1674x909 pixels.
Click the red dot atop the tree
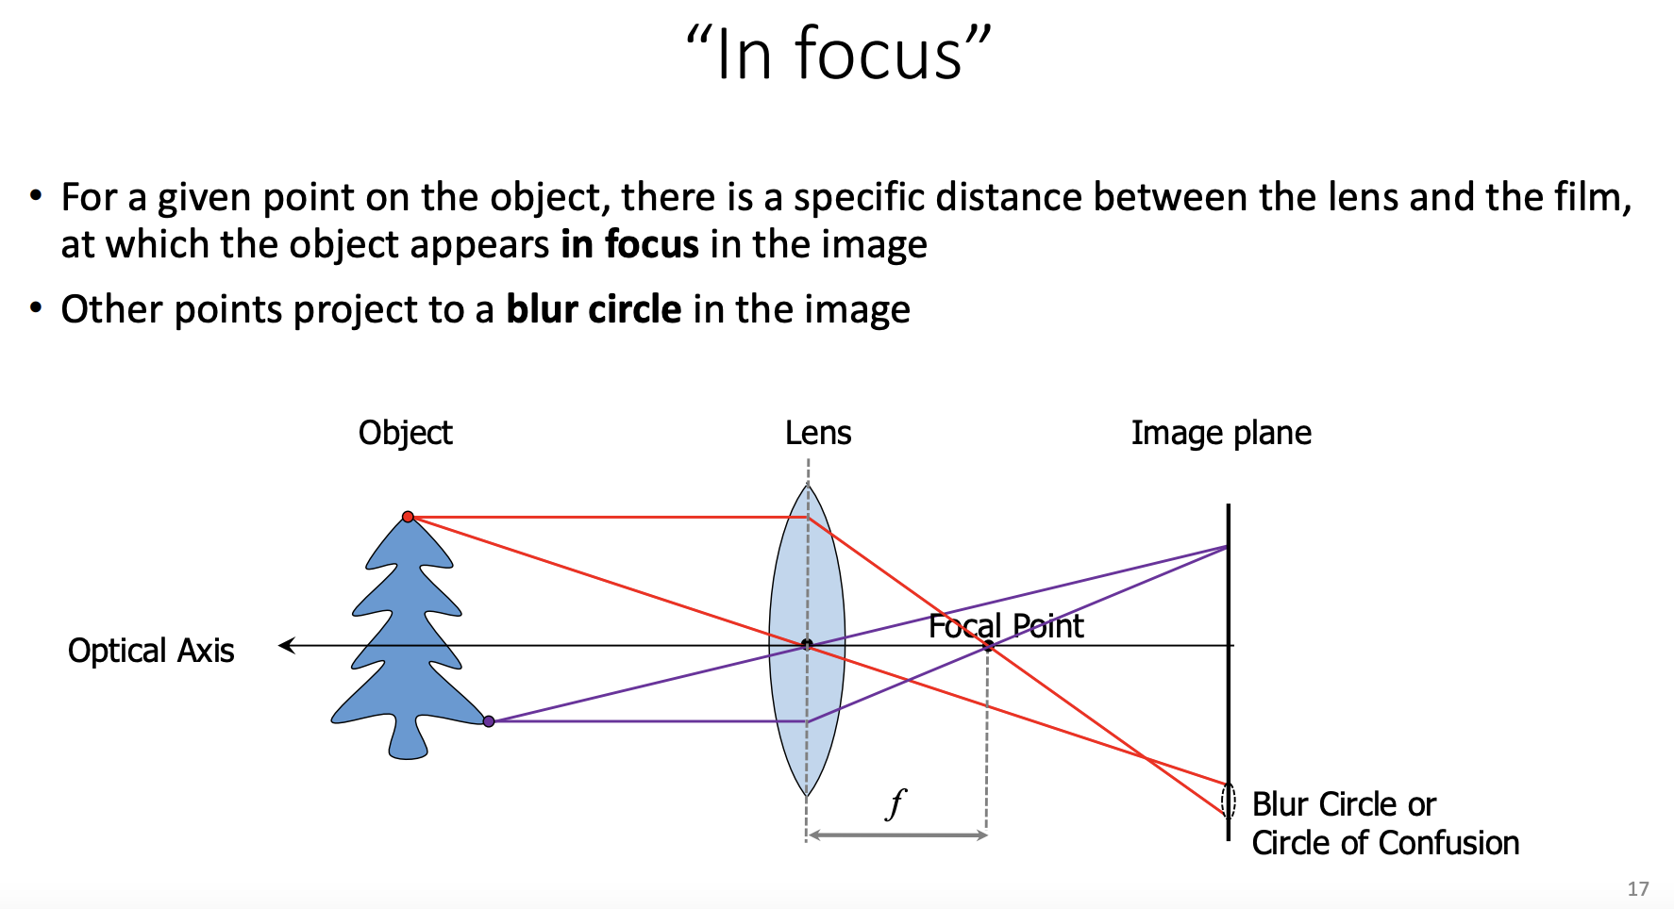click(408, 517)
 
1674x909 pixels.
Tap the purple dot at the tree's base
click(489, 721)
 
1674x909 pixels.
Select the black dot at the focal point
click(988, 646)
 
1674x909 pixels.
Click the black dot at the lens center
click(807, 645)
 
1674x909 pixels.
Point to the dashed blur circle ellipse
click(1228, 800)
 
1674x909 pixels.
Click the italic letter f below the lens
click(896, 803)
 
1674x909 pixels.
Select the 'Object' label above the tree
click(405, 433)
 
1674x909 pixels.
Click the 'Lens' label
click(818, 433)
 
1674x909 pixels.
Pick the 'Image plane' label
click(1221, 433)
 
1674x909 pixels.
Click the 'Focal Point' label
click(1006, 625)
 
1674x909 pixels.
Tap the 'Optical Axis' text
click(151, 651)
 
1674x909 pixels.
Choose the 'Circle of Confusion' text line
click(1385, 842)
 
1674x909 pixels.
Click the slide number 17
click(1637, 889)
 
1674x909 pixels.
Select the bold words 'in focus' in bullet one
click(629, 244)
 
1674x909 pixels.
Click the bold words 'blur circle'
click(594, 309)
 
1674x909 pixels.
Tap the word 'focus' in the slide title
click(879, 55)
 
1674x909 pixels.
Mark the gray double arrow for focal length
click(897, 835)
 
